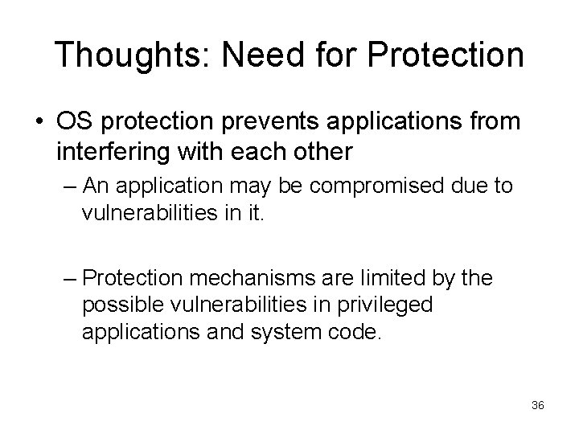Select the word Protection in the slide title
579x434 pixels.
(x=441, y=55)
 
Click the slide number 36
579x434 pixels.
(x=538, y=405)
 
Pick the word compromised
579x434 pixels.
(x=363, y=186)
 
